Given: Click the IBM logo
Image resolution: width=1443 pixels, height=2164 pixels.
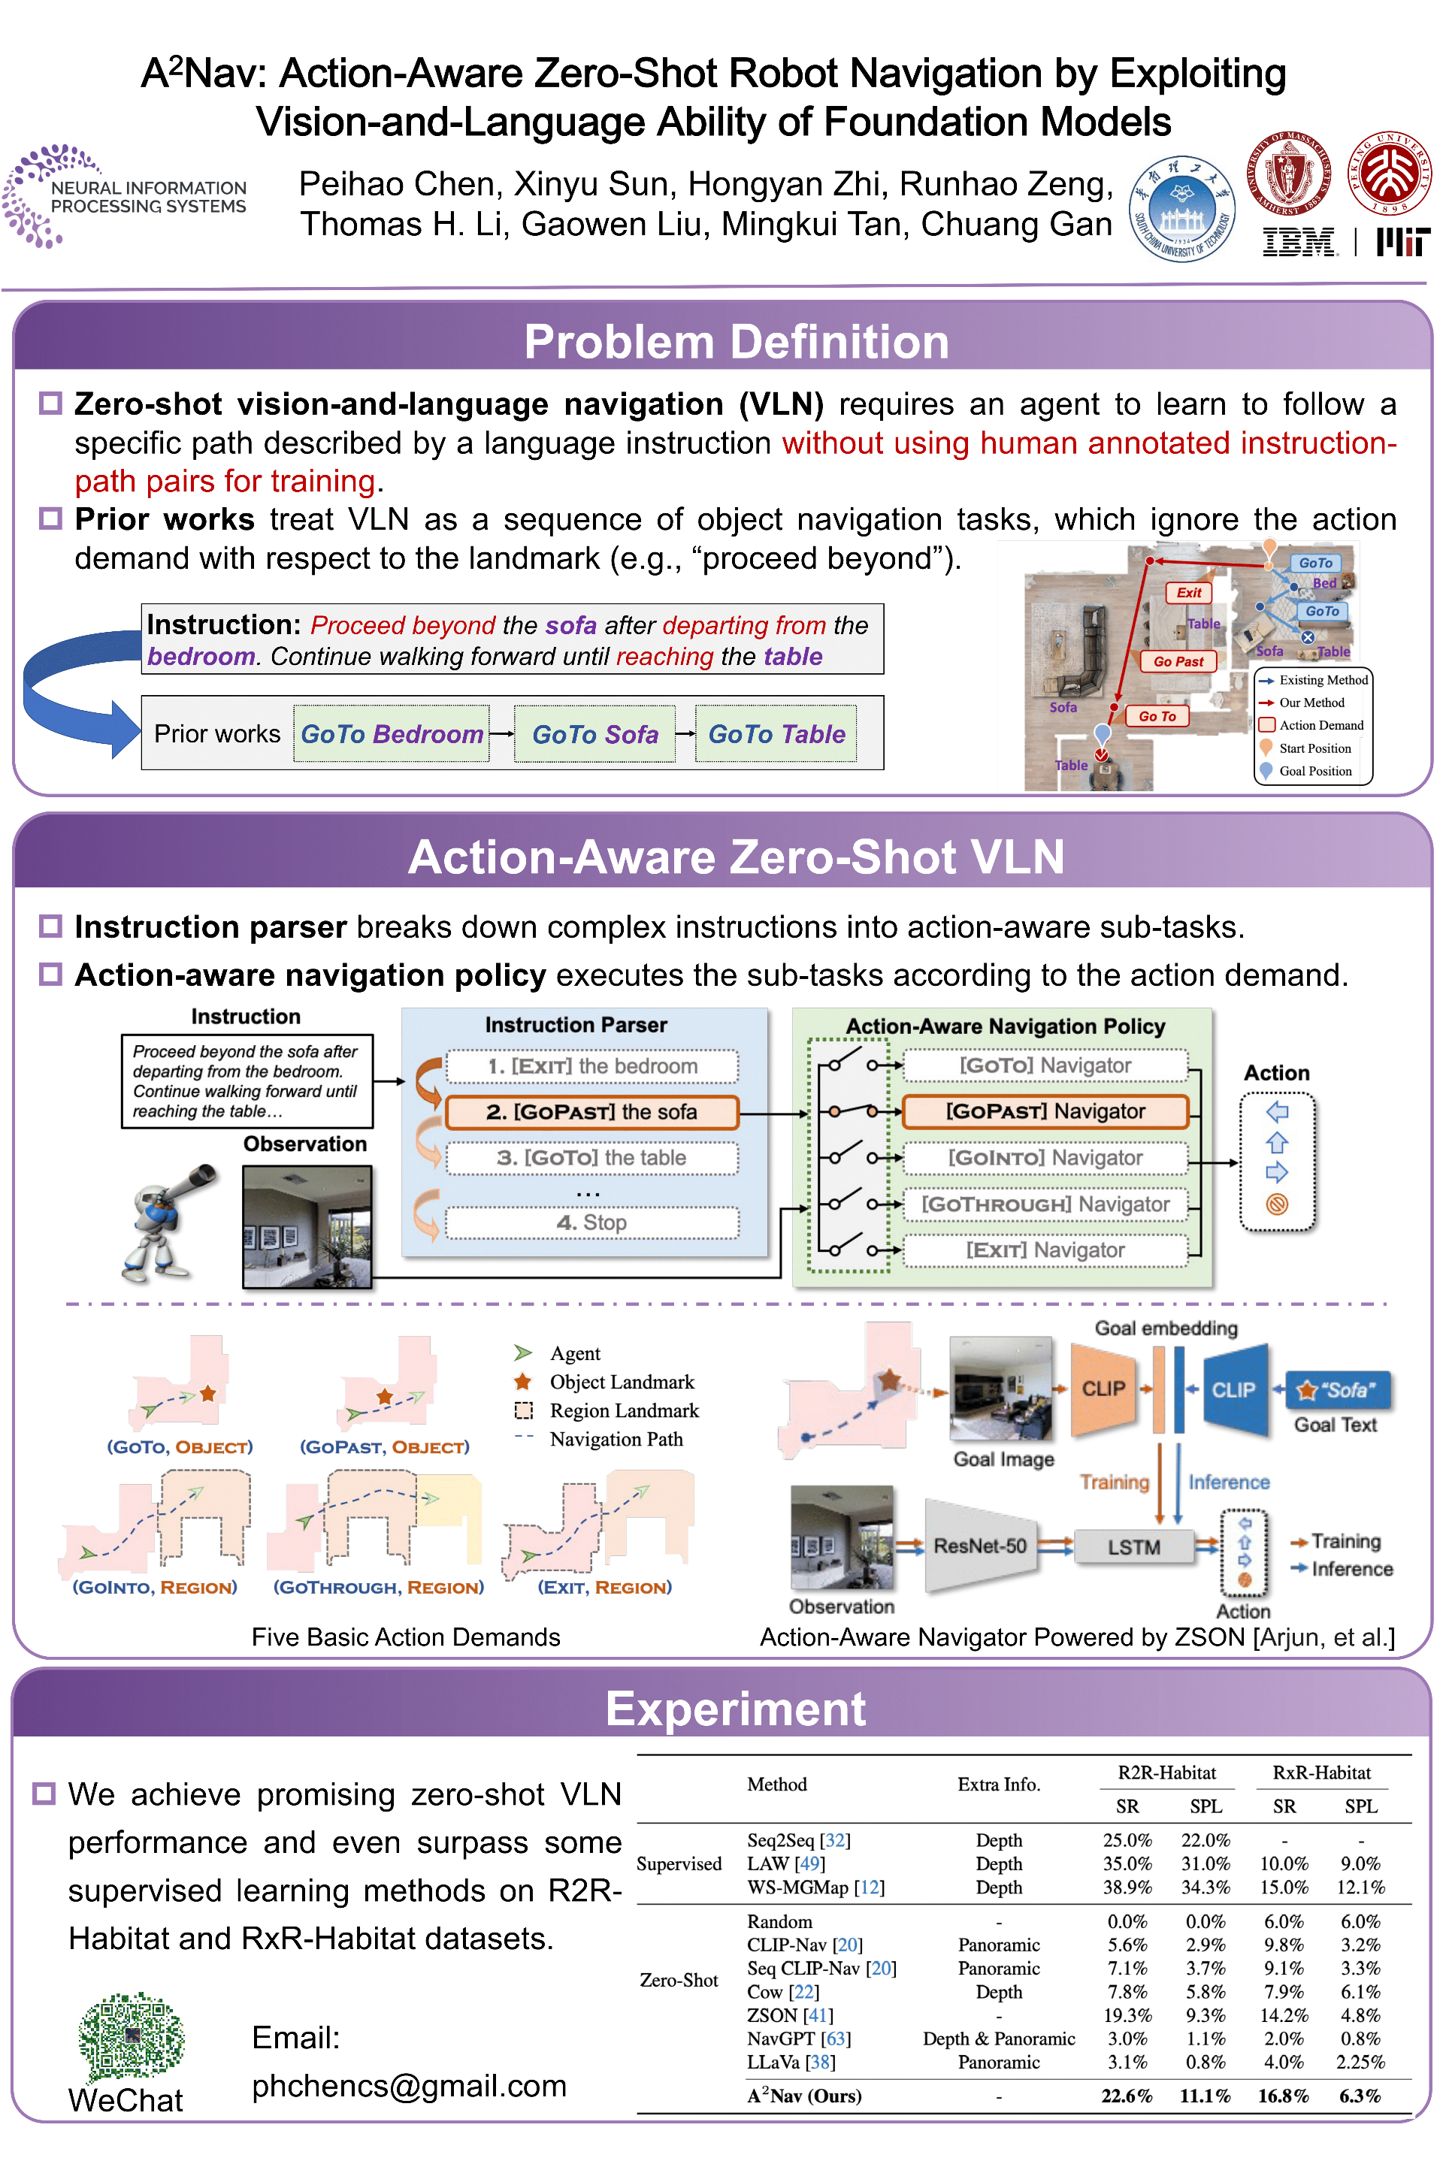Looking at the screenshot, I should (x=1299, y=243).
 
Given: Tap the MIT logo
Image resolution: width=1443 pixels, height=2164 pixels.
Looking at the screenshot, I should (x=1402, y=242).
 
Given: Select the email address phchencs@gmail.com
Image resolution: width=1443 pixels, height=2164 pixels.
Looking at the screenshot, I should (x=409, y=2085).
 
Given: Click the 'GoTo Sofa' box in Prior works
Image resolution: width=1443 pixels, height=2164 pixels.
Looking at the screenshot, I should (x=594, y=734).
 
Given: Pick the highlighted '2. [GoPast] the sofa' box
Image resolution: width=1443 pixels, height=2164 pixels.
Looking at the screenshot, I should (x=591, y=1111).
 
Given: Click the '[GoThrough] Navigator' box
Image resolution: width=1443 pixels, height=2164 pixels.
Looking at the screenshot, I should (x=1045, y=1204).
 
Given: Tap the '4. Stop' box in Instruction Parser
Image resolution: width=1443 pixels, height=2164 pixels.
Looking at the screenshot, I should (x=591, y=1222).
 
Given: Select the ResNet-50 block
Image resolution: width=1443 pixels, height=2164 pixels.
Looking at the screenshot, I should (x=979, y=1546).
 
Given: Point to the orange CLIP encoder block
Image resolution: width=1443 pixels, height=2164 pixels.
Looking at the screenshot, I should (x=1103, y=1389).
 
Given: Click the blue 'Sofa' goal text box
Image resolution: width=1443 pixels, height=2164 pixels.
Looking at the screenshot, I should (x=1337, y=1389).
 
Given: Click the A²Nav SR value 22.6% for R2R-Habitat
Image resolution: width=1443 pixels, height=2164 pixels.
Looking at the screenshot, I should (x=1127, y=2096).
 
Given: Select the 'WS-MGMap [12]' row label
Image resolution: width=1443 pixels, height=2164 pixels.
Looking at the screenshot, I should (x=815, y=1887).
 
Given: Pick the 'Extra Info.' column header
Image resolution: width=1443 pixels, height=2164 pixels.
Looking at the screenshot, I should (x=999, y=1784).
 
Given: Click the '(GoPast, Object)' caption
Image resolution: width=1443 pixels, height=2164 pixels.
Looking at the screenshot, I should (x=384, y=1446).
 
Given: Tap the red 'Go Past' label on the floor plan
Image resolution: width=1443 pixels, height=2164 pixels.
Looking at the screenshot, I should (x=1178, y=660).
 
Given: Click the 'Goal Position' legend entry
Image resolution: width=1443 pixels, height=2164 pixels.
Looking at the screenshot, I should (x=1314, y=771).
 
